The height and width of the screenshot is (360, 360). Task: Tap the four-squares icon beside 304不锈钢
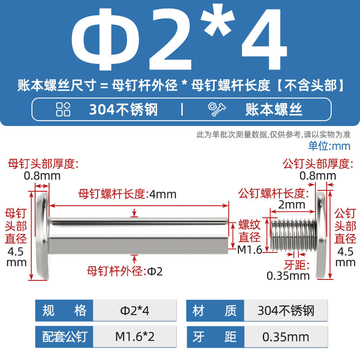pos(63,109)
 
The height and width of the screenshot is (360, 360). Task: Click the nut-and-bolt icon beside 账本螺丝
pos(216,109)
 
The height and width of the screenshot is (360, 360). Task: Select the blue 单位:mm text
pos(329,146)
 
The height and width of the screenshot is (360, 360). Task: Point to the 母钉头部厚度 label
pos(43,164)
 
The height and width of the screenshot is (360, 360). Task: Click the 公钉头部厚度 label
pos(318,164)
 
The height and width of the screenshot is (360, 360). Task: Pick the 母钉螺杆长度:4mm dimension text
pos(127,194)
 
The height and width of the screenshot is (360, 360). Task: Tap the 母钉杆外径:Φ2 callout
pos(125,271)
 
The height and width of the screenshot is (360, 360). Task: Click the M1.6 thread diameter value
pos(250,250)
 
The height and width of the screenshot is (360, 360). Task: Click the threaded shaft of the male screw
pos(293,234)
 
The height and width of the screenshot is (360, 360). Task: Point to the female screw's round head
pos(43,236)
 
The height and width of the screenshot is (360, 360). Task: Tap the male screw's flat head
pos(321,236)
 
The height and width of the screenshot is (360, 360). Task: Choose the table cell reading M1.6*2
pos(135,337)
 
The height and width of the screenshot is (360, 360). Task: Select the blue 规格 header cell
pos(64,310)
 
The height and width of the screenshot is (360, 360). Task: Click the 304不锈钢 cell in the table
pos(286,310)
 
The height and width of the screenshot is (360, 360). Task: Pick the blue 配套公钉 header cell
pos(64,337)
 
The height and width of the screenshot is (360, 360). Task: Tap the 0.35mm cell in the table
pos(286,337)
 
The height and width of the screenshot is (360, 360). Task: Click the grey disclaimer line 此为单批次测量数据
pos(274,135)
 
